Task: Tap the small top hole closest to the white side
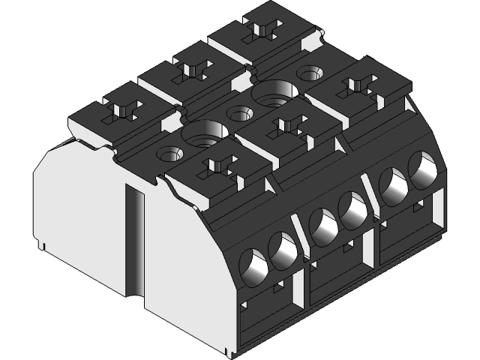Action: [168, 155]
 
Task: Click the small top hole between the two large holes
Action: [238, 115]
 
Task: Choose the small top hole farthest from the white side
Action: [308, 73]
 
